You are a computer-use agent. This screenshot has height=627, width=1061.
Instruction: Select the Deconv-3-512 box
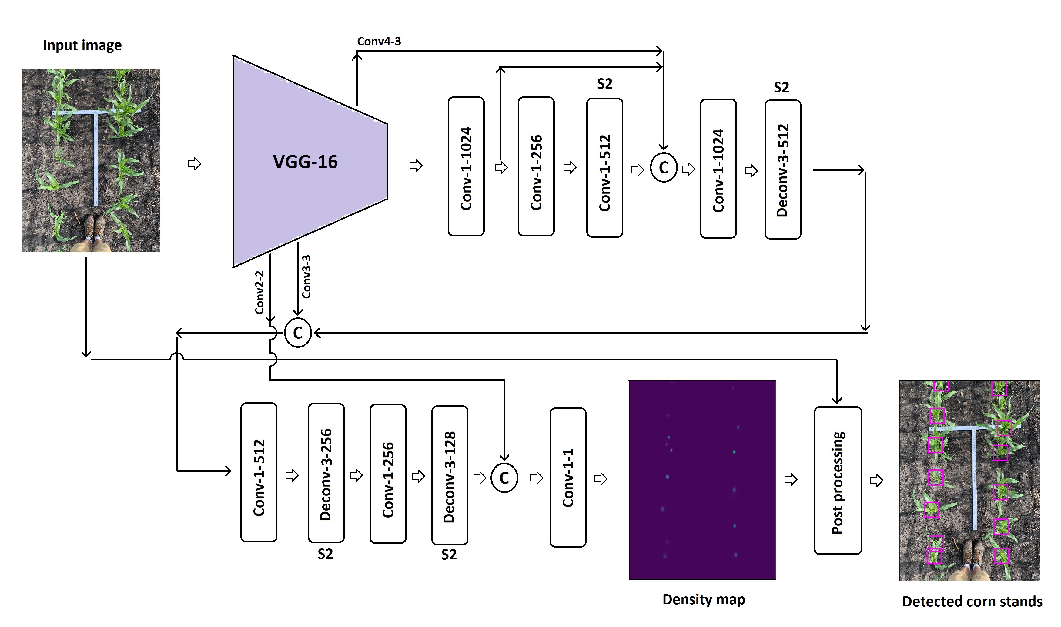pos(783,169)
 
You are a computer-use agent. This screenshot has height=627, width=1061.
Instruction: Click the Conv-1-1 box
pos(568,478)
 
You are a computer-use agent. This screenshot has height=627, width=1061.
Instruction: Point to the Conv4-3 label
pos(379,41)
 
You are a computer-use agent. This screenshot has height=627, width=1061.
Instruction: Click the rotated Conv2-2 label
pos(259,292)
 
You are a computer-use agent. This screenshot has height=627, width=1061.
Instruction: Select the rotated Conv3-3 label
pos(306,277)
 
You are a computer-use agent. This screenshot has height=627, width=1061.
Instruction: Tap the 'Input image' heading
pos(82,45)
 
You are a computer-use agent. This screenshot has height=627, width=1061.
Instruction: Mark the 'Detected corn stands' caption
pos(972,601)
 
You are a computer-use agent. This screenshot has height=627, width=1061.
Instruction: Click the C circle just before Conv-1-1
pos(504,478)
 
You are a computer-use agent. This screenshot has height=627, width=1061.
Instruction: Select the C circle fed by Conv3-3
pos(298,333)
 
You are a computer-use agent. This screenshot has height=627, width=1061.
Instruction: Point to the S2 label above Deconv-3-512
pos(782,87)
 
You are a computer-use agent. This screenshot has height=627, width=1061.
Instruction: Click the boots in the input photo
pos(94,227)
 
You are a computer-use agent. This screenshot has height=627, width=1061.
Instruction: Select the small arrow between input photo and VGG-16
pos(194,164)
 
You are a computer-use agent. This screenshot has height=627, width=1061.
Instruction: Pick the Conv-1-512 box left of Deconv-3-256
pos(259,472)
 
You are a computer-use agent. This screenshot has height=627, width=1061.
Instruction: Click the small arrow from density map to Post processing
pos(791,480)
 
